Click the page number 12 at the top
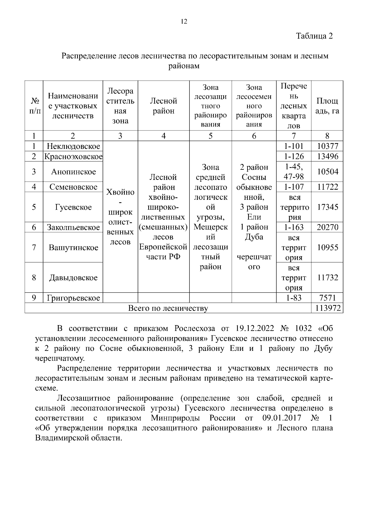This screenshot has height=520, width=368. point(184,21)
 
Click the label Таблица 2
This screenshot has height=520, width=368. point(314,36)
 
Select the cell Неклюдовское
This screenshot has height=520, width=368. point(73,146)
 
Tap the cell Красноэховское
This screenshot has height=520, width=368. point(73,157)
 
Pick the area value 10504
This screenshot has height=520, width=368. point(327,172)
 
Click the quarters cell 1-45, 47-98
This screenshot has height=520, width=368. point(294,172)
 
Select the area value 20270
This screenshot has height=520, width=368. point(327,227)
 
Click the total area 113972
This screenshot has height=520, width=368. point(327,308)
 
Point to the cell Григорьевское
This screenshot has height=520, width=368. point(73,298)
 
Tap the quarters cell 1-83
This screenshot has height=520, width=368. point(294,298)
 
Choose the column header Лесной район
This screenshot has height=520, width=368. point(163,106)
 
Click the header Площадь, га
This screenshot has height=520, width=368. point(327,106)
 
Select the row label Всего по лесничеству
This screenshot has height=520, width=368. point(168,308)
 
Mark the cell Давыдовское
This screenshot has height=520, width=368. point(73,278)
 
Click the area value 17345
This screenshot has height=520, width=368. point(327,207)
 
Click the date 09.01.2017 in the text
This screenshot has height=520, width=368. point(282,418)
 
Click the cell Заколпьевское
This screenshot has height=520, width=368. point(73,227)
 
